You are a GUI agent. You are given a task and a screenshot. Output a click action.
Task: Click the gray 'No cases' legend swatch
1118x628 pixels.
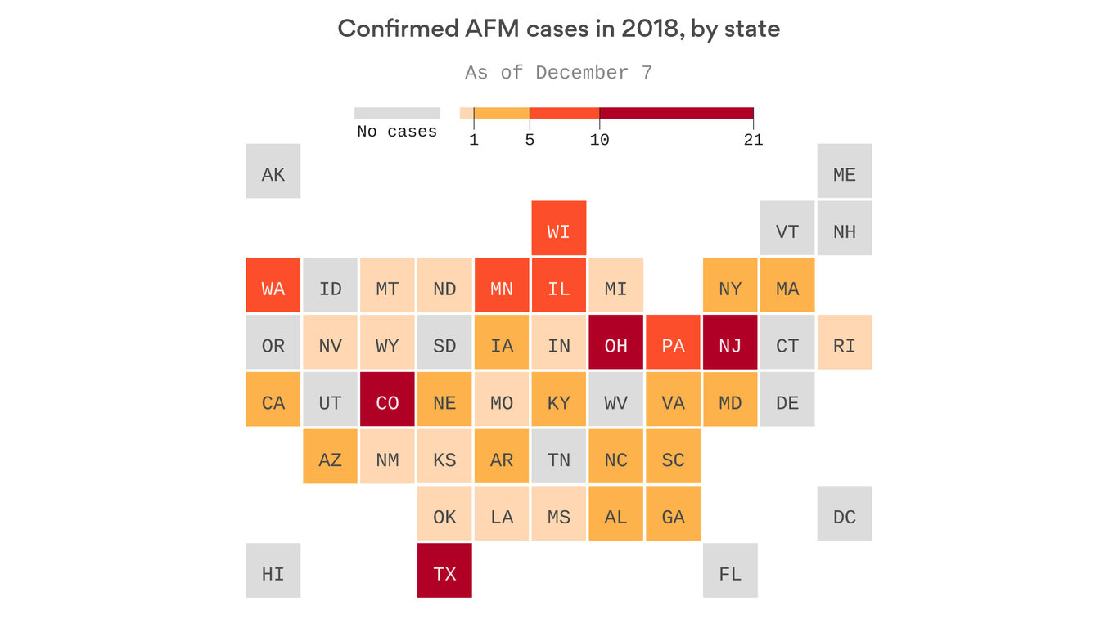tap(397, 113)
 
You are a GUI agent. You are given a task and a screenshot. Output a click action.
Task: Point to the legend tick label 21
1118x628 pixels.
tap(753, 140)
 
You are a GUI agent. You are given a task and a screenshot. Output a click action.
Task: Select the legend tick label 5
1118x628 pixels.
tap(530, 140)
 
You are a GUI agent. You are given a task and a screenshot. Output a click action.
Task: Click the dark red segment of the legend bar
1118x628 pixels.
tap(676, 113)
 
